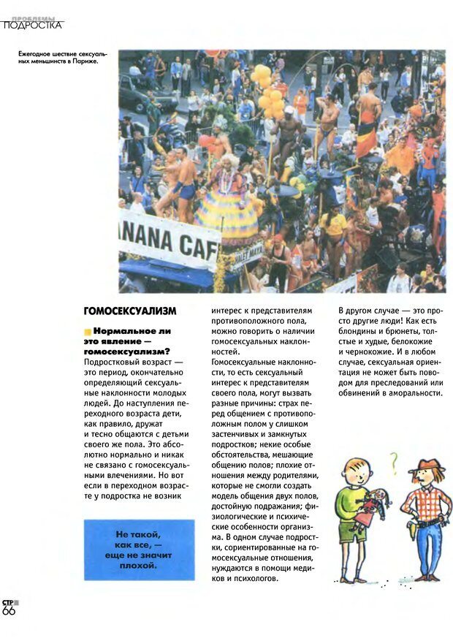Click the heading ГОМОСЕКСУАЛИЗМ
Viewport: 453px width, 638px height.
(130, 311)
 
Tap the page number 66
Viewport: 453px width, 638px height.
(9, 611)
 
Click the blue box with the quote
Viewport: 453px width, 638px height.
(139, 549)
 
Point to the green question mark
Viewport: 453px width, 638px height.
(394, 460)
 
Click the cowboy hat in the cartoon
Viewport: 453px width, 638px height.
(427, 466)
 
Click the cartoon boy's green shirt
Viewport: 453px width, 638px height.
(354, 504)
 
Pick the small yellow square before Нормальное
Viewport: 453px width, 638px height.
(88, 331)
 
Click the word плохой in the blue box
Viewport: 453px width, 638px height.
(138, 565)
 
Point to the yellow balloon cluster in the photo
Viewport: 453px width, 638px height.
(267, 91)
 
